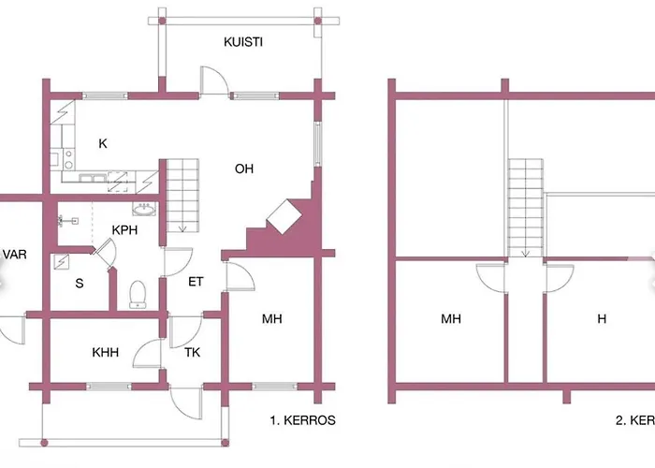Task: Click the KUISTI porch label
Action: (242, 42)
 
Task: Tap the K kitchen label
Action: (103, 143)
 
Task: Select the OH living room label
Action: (244, 169)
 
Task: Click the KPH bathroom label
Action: (126, 230)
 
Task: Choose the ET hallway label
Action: (196, 281)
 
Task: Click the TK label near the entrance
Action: (193, 353)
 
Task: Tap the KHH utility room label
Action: (106, 354)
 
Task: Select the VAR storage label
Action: (13, 254)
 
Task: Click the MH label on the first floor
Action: (272, 319)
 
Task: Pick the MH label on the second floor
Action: (452, 319)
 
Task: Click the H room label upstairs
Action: (602, 319)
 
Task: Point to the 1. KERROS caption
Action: (301, 420)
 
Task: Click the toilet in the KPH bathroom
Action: (138, 294)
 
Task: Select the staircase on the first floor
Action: (183, 196)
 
